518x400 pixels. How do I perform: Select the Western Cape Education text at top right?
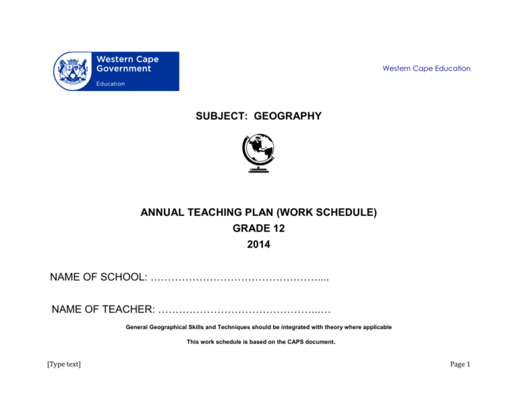click(x=426, y=69)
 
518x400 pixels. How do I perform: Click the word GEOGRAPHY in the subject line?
click(x=289, y=117)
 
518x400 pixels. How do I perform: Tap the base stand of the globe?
click(x=258, y=171)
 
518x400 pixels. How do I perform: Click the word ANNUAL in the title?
click(x=165, y=213)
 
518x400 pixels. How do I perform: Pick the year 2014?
click(x=258, y=245)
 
